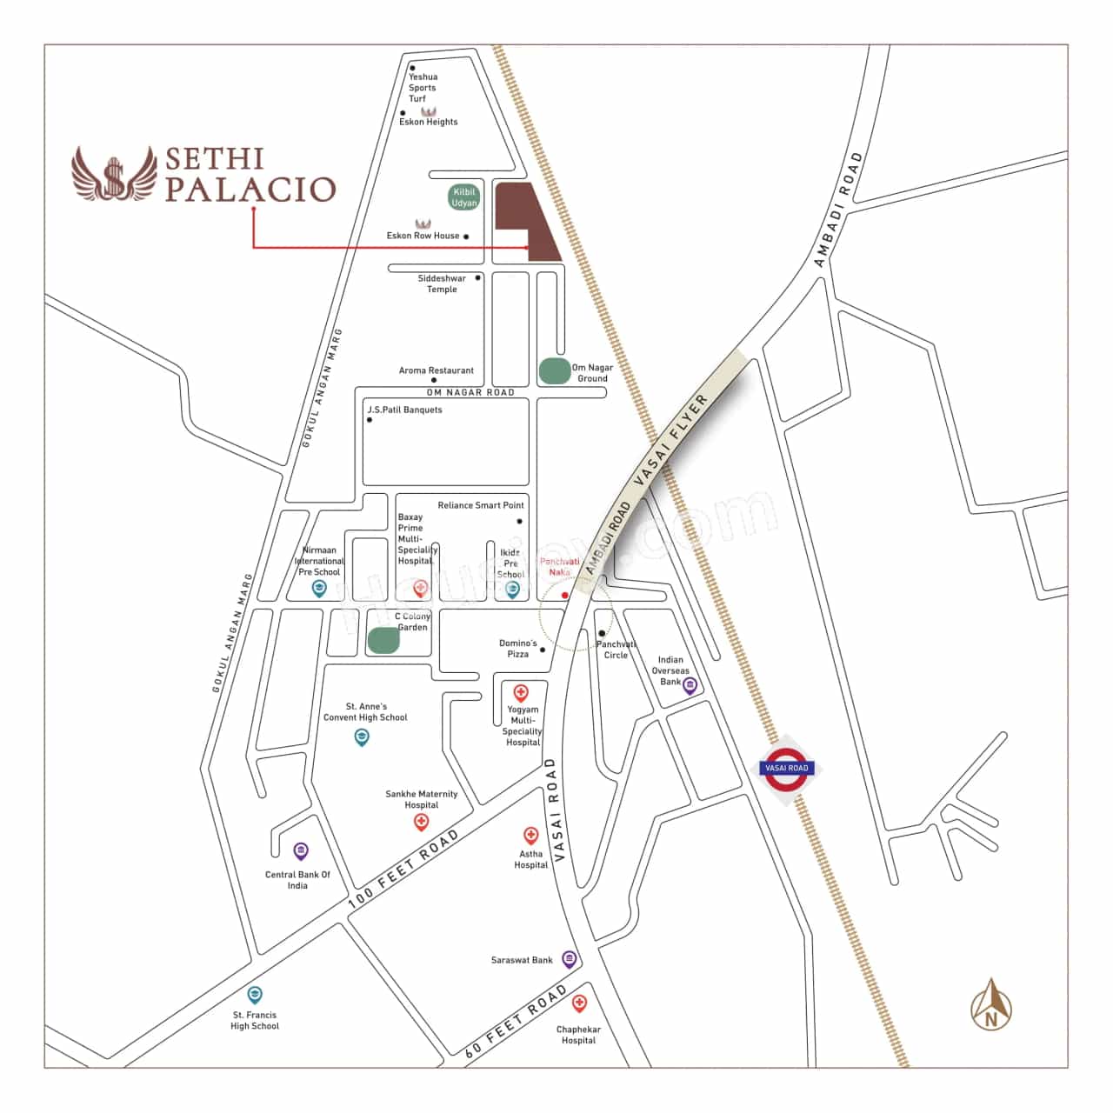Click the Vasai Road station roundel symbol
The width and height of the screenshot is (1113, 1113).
coord(786,768)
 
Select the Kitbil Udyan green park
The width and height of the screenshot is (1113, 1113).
coord(464,197)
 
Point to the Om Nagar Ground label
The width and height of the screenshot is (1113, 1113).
coord(592,373)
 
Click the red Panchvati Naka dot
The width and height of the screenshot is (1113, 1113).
coord(565,595)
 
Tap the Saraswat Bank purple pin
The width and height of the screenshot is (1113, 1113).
coord(569,959)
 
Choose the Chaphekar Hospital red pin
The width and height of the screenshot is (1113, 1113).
coord(579,1004)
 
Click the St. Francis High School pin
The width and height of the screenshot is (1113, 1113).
coord(255,994)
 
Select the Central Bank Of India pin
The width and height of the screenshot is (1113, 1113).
coord(301,850)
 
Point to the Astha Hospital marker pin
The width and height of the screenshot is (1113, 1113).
coord(530,836)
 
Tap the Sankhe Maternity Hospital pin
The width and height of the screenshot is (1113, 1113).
coord(422,822)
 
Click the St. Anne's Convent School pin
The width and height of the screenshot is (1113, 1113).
coord(362,737)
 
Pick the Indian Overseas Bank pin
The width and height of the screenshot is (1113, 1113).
coord(690,685)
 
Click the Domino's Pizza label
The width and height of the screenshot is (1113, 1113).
coord(517,649)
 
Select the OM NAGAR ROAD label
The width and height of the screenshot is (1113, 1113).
coord(470,392)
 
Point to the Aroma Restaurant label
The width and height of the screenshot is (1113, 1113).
coord(437,370)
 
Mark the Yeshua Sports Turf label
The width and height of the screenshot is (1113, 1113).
coord(423,87)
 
